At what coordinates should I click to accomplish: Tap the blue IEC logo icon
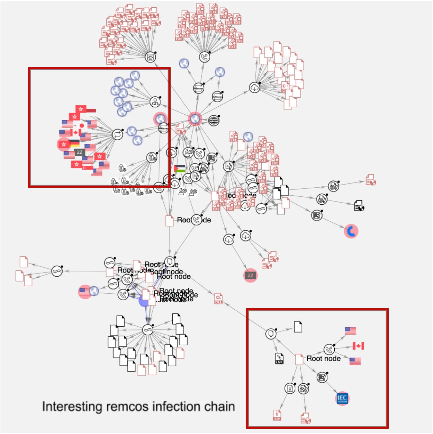(x=342, y=398)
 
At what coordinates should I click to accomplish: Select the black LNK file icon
(x=279, y=359)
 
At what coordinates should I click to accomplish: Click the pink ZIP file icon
(x=277, y=415)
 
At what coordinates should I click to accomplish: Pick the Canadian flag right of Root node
(x=358, y=346)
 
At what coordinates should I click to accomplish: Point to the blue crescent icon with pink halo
(x=351, y=231)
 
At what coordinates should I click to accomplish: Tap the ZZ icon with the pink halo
(x=250, y=275)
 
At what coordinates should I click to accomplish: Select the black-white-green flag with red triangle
(x=179, y=169)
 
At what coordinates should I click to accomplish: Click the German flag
(x=74, y=143)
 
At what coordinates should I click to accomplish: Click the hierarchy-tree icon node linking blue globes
(x=155, y=102)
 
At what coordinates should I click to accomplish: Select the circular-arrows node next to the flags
(x=117, y=134)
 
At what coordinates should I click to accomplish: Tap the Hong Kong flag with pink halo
(x=64, y=144)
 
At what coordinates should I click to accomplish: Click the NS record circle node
(x=199, y=88)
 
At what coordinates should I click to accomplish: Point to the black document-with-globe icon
(x=359, y=206)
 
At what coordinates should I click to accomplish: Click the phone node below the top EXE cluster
(x=205, y=57)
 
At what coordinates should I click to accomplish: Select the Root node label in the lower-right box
(x=323, y=358)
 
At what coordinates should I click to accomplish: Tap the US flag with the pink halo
(x=84, y=292)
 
